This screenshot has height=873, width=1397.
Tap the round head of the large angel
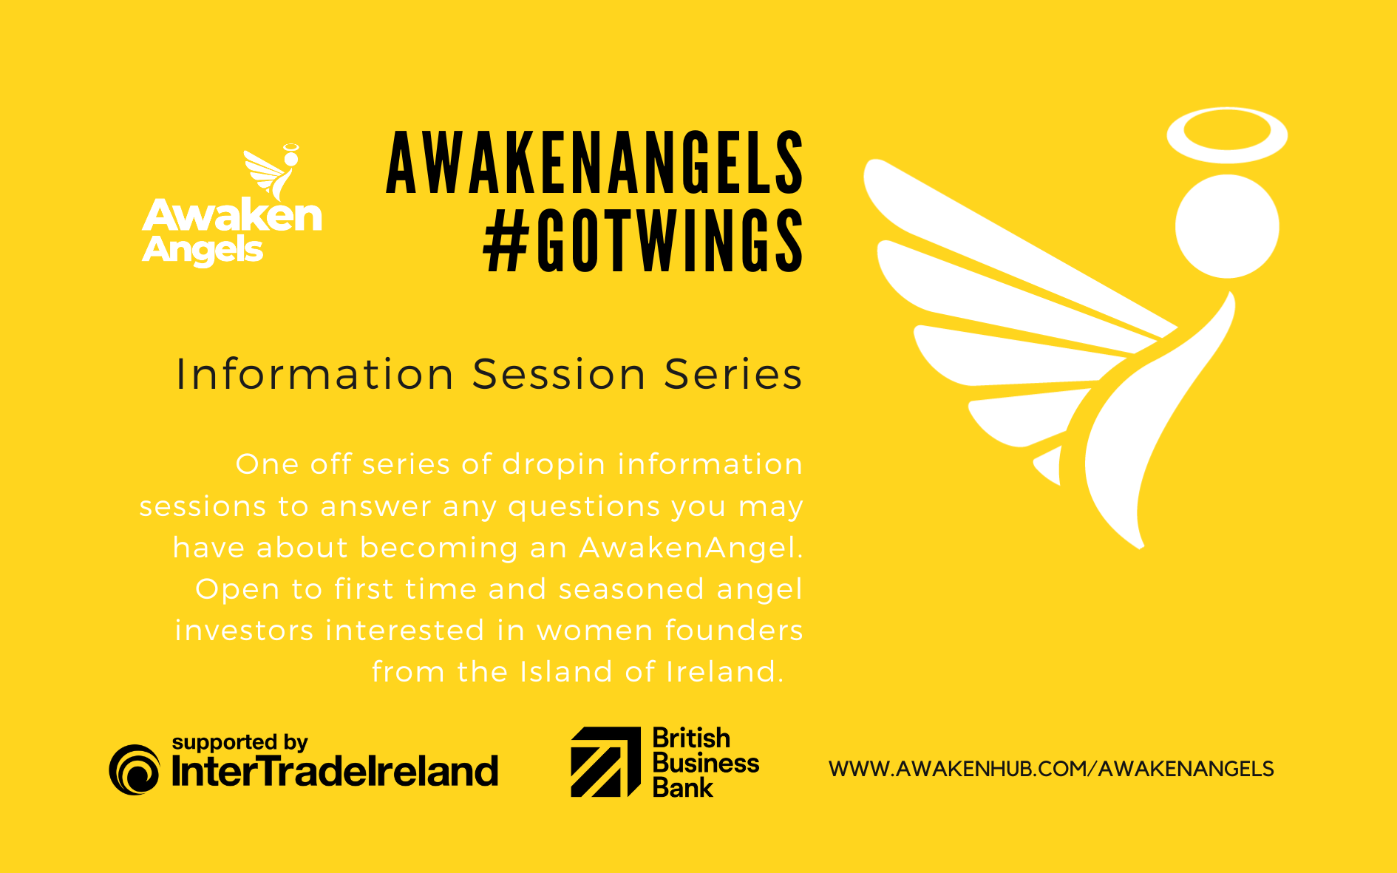pyautogui.click(x=1227, y=226)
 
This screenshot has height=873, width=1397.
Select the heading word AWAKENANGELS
pyautogui.click(x=594, y=163)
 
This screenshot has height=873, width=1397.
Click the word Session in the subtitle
pyautogui.click(x=560, y=374)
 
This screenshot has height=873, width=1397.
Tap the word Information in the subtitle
pyautogui.click(x=314, y=374)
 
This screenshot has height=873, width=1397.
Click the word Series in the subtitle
pyautogui.click(x=733, y=374)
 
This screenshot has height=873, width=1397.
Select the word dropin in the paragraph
pyautogui.click(x=554, y=465)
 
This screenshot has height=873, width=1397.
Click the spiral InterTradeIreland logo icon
pyautogui.click(x=135, y=770)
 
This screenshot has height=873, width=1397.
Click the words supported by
pyautogui.click(x=239, y=742)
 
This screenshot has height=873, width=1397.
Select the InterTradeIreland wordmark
pyautogui.click(x=335, y=772)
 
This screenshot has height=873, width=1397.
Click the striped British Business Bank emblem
pyautogui.click(x=605, y=762)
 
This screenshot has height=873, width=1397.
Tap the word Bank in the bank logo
pyautogui.click(x=682, y=788)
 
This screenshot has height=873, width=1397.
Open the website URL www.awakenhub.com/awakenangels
pyautogui.click(x=1050, y=769)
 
